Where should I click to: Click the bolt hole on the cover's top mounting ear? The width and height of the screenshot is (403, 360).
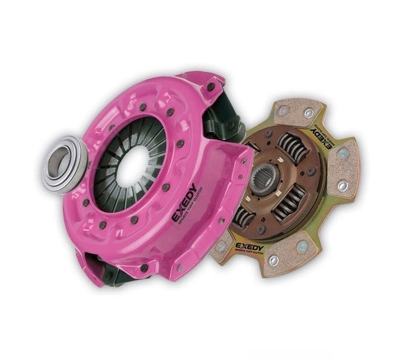coord(210,87)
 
